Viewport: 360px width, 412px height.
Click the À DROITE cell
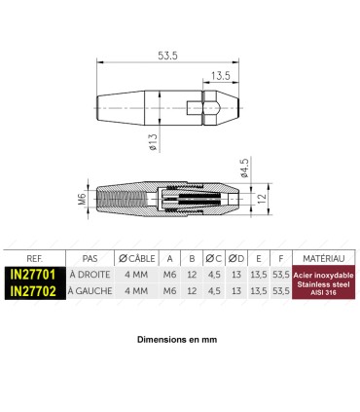pos(90,276)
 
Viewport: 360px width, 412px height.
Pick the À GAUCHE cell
pos(90,290)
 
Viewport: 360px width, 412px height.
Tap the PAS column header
pos(90,259)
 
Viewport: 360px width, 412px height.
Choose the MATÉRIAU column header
pos(322,259)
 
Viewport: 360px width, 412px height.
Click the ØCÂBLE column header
pos(137,259)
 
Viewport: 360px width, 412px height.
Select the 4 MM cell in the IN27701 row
pos(137,276)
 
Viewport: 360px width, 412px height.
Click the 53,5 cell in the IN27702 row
pos(281,290)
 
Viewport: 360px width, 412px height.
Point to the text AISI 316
pos(322,292)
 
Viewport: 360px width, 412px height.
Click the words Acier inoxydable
pos(322,276)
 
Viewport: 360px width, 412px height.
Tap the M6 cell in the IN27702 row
pos(170,290)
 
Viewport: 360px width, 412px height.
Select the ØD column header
pos(237,259)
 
